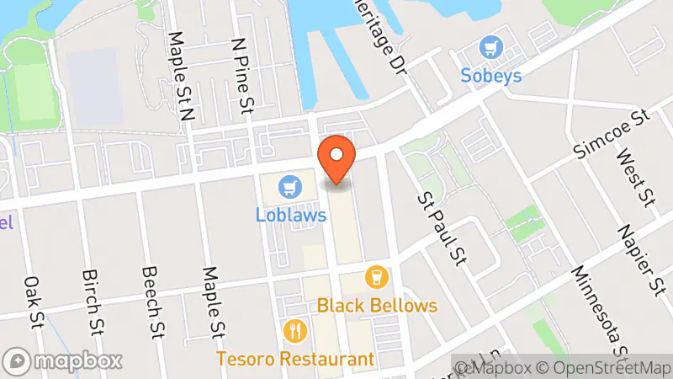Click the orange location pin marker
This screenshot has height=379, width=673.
coord(336,157)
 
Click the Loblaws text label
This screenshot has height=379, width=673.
coord(291,215)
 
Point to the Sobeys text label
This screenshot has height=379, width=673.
coord(490,76)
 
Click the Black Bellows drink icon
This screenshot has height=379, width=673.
coord(377,276)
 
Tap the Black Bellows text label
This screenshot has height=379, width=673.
coord(378,305)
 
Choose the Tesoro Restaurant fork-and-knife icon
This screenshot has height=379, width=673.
coord(294,329)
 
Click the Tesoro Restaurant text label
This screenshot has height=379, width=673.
coord(295,358)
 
